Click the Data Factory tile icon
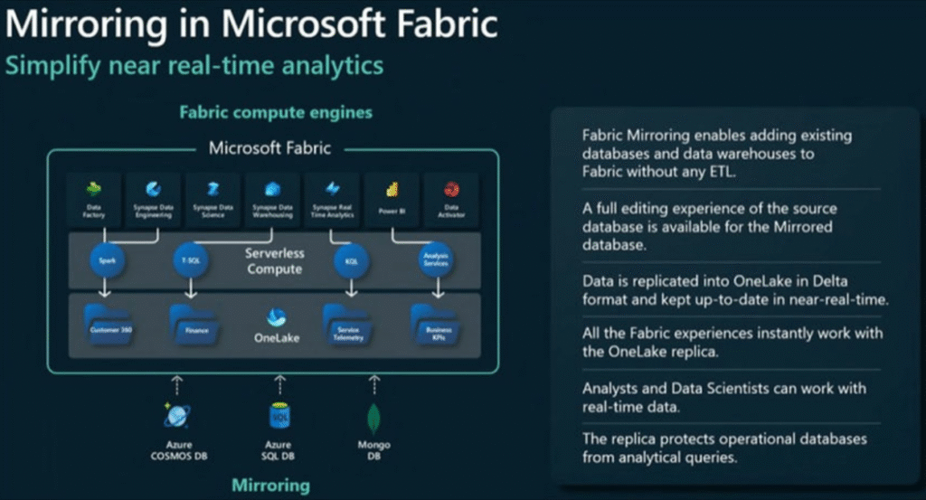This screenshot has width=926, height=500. [94, 190]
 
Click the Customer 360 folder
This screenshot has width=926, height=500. [110, 323]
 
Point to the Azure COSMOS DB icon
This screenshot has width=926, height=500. [176, 415]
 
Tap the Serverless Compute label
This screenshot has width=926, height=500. [274, 261]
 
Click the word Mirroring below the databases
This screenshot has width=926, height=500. [271, 485]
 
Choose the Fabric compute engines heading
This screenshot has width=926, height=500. [276, 113]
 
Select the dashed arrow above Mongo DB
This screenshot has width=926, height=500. [373, 385]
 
